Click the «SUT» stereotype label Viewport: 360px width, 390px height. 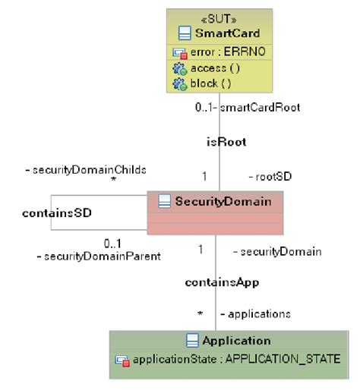pos(219,18)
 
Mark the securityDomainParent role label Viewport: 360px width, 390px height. pos(99,256)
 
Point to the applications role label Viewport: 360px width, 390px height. pos(255,313)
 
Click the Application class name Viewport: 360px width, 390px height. pos(236,341)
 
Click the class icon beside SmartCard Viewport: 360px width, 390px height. pos(184,33)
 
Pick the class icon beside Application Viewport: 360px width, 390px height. pos(193,341)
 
